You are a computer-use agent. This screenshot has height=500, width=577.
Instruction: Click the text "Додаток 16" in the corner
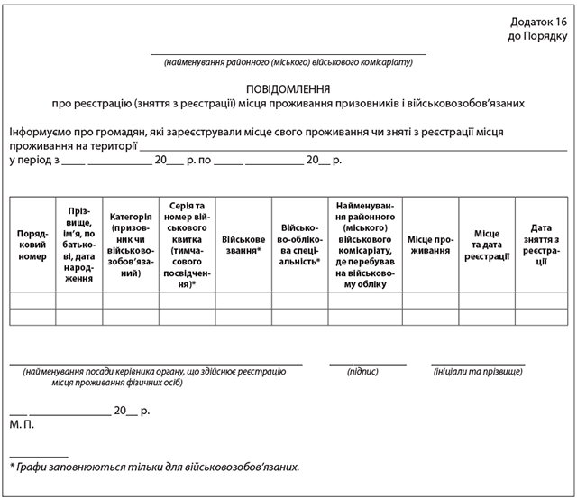point(538,21)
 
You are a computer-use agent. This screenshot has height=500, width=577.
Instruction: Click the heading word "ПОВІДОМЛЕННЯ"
point(288,89)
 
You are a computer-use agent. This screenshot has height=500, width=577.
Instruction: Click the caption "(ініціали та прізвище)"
point(477,371)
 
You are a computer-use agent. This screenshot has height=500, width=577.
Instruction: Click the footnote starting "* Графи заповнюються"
point(153,468)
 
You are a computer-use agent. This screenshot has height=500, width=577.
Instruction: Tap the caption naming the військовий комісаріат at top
point(287,62)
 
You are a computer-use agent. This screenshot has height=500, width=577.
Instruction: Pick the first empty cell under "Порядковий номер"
point(32,301)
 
